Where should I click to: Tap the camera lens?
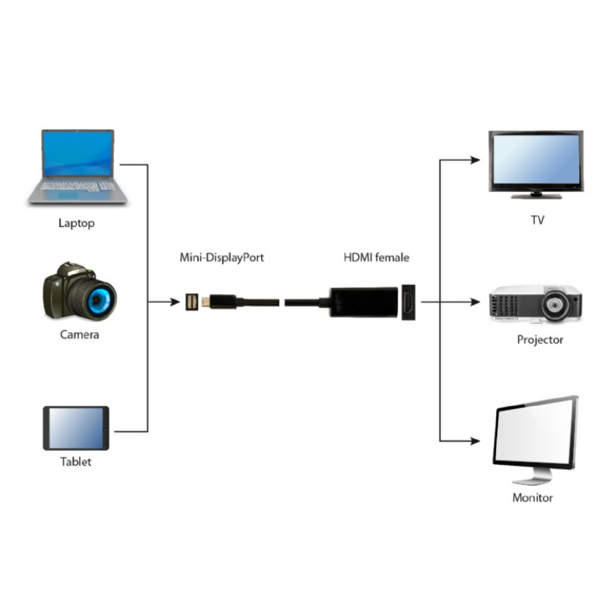pyautogui.click(x=99, y=299)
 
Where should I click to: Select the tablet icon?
pyautogui.click(x=76, y=428)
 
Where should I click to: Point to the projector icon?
pyautogui.click(x=534, y=305)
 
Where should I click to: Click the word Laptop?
pyautogui.click(x=76, y=222)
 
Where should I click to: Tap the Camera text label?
pyautogui.click(x=79, y=334)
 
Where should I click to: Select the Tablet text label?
pyautogui.click(x=75, y=461)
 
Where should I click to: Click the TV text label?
pyautogui.click(x=536, y=219)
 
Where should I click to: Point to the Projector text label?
pyautogui.click(x=540, y=340)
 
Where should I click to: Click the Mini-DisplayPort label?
pyautogui.click(x=222, y=257)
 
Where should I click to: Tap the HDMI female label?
pyautogui.click(x=376, y=257)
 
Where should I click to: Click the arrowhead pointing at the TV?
pyautogui.click(x=475, y=158)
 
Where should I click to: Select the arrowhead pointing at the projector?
pyautogui.click(x=475, y=301)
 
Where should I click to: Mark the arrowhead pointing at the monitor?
pyautogui.click(x=475, y=440)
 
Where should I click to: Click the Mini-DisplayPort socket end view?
pyautogui.click(x=193, y=302)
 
